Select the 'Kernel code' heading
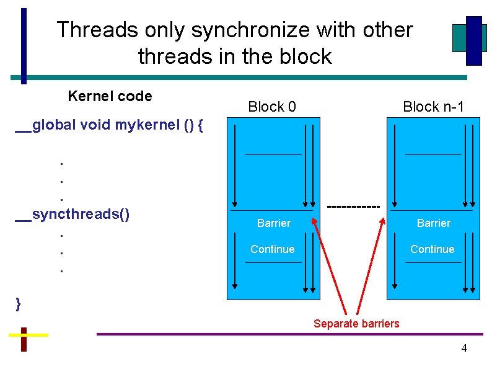click(110, 96)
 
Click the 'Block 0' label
click(271, 107)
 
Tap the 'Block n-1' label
click(433, 107)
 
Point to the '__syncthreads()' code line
click(72, 215)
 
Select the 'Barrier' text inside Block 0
click(273, 223)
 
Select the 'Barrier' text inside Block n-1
click(433, 223)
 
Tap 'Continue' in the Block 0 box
click(272, 249)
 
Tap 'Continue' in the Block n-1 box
click(432, 249)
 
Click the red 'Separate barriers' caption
click(356, 324)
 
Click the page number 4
click(463, 349)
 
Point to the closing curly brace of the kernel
click(19, 303)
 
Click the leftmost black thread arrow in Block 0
click(234, 164)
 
